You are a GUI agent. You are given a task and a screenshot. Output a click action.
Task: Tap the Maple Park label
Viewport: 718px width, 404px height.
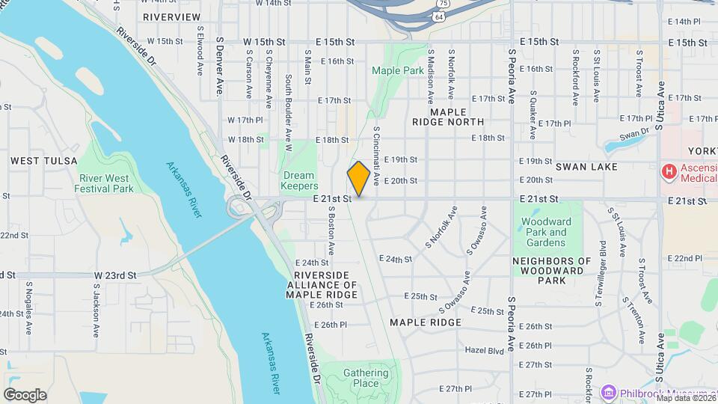coord(398,70)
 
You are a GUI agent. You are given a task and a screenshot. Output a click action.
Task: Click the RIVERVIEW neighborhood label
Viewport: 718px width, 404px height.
coord(171,16)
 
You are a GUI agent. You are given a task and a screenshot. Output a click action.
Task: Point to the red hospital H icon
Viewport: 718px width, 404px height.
coord(668,172)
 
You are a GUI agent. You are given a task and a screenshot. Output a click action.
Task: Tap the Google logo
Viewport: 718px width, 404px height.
coord(25,395)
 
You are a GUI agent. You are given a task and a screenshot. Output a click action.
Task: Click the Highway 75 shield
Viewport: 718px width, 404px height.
coord(444,3)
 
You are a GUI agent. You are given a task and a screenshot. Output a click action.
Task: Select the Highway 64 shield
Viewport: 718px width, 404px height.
coord(437,15)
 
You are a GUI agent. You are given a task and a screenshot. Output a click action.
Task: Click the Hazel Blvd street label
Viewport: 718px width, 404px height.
coord(485,350)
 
